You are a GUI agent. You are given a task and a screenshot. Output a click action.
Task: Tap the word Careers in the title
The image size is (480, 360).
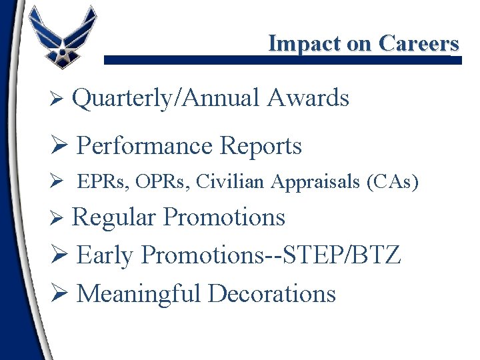[419, 43]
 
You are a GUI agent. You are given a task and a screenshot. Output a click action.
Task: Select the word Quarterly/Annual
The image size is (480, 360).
[165, 99]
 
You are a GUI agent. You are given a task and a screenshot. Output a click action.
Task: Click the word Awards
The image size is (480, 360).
[308, 99]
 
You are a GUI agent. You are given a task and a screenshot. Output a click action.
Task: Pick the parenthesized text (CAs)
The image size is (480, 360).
[393, 182]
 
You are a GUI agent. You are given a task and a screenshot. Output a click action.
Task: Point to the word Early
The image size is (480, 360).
[105, 255]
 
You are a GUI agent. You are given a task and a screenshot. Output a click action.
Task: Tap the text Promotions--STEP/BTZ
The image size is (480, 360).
[271, 255]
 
